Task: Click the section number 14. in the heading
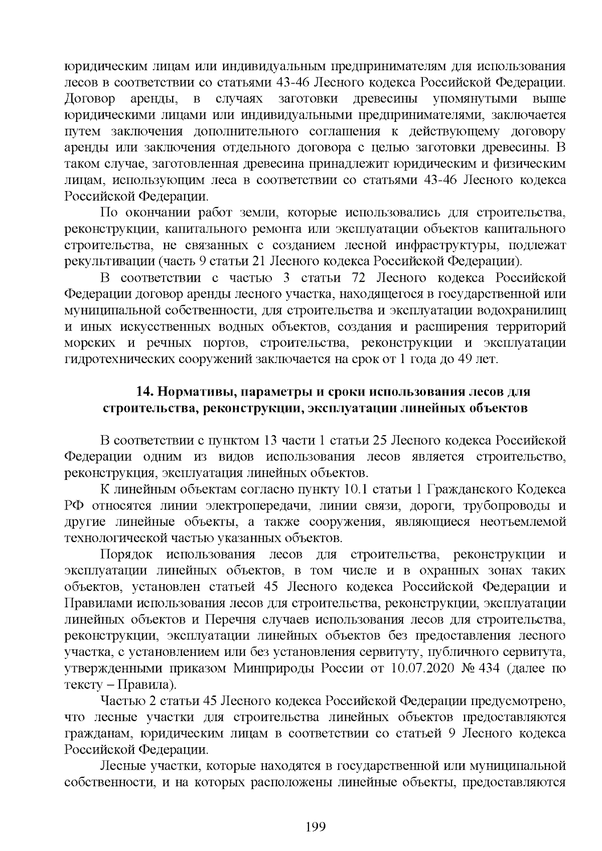146,391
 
